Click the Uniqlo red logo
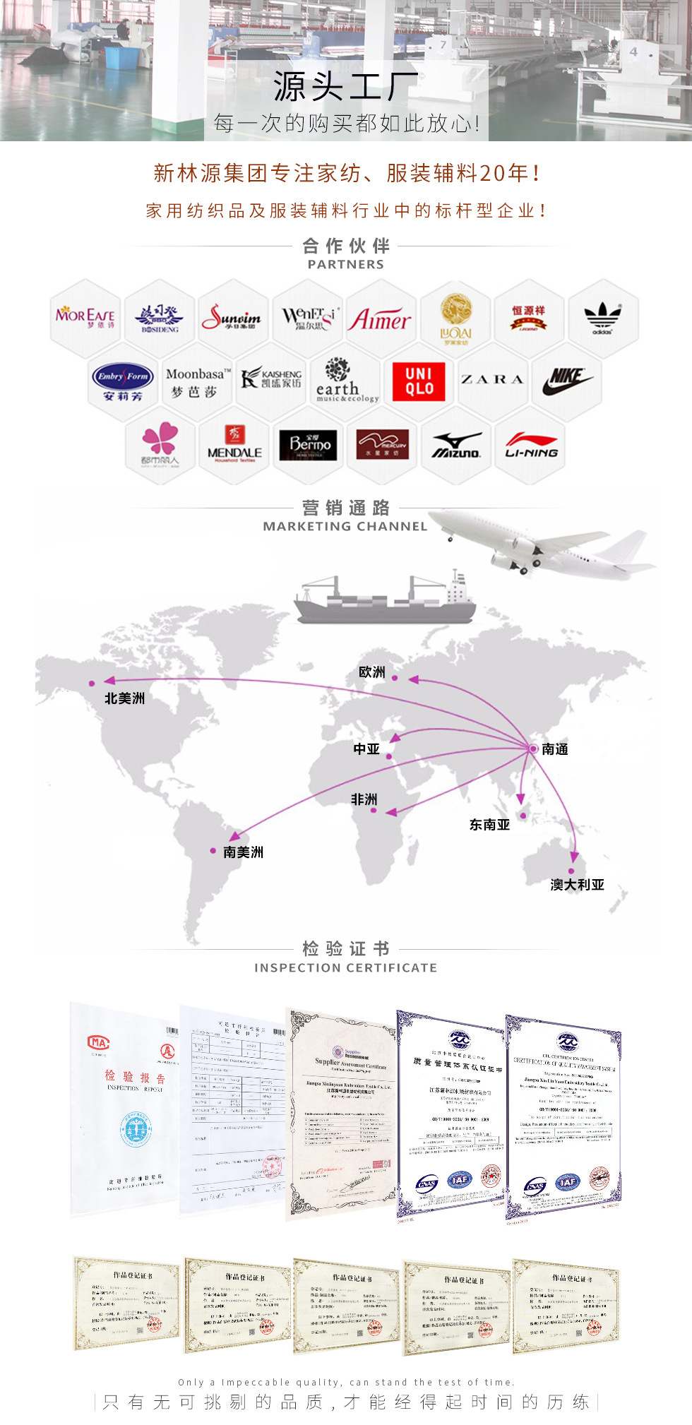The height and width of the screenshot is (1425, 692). click(419, 381)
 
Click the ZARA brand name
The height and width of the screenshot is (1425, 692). click(493, 380)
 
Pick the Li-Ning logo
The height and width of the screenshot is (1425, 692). click(531, 445)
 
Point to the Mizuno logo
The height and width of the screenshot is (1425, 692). click(457, 445)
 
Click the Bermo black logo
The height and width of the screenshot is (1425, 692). click(309, 445)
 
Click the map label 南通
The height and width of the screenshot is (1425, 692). click(555, 749)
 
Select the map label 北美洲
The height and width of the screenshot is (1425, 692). click(124, 698)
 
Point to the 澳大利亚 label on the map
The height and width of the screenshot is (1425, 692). click(577, 885)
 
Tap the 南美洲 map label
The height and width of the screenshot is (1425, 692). click(243, 852)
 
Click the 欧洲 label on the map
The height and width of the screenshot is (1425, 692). click(372, 672)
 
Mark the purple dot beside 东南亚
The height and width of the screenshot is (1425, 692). click(523, 816)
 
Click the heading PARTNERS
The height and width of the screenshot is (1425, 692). click(345, 264)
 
